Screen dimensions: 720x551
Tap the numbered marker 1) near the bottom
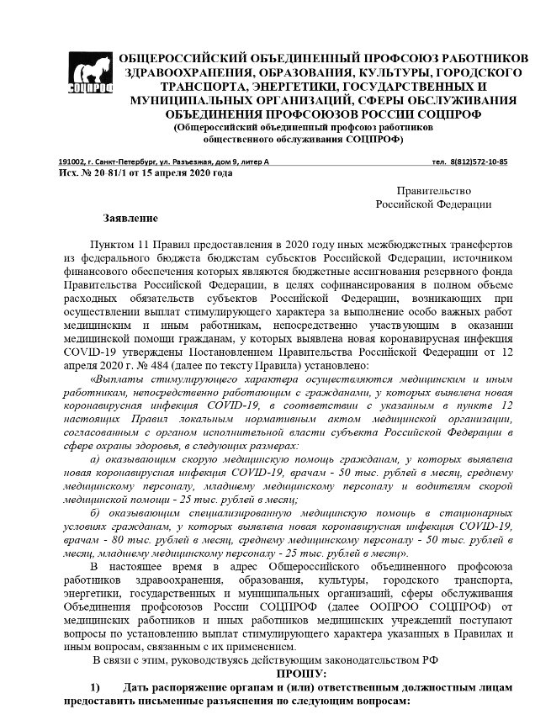[x=96, y=688]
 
